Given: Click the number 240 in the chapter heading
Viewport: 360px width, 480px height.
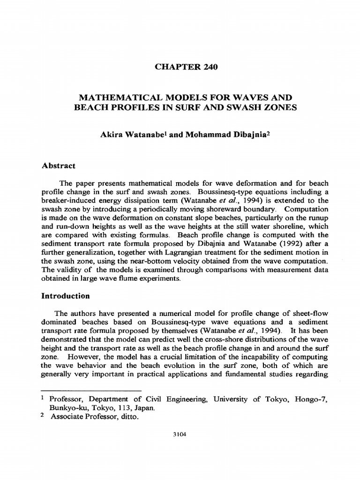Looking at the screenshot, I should [210, 67].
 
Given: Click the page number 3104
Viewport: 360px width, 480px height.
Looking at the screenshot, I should [180, 435].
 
